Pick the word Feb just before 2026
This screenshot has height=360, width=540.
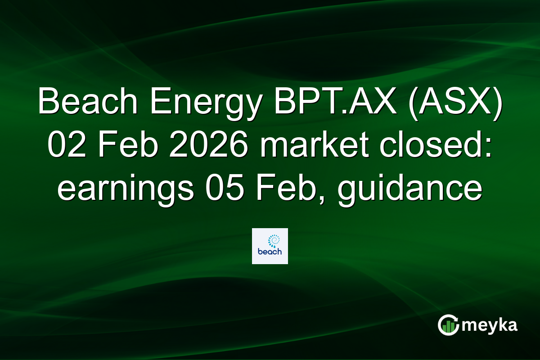[118, 147]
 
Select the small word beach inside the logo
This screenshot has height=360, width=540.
[270, 252]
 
